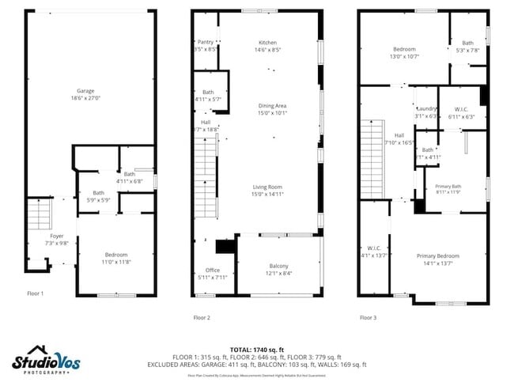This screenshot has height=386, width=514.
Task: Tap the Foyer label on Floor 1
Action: [56, 236]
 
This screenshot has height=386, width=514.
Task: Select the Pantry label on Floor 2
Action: [206, 42]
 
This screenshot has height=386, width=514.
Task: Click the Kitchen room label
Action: [268, 42]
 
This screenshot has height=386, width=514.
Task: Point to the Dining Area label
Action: [272, 105]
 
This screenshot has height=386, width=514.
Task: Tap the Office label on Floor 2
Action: [213, 270]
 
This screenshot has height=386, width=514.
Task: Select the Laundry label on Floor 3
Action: [426, 108]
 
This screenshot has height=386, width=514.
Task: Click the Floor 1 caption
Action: [36, 293]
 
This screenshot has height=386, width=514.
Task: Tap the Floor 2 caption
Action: [202, 317]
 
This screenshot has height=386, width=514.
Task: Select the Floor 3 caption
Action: [368, 317]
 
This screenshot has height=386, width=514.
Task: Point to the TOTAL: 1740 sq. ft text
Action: [257, 349]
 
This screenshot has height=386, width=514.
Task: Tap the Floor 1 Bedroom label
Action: [115, 254]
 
